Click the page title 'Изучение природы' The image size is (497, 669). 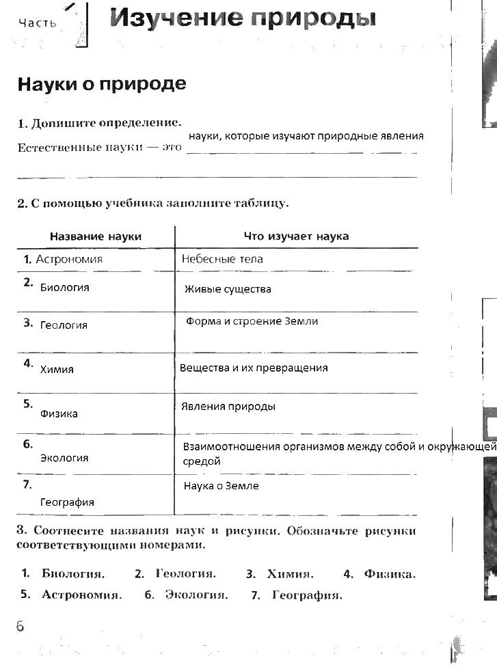pyautogui.click(x=243, y=18)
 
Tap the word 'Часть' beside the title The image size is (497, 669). pyautogui.click(x=38, y=23)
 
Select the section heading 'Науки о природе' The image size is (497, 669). pyautogui.click(x=101, y=84)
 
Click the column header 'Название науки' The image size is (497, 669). pyautogui.click(x=96, y=236)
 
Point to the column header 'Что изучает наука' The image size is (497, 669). pyautogui.click(x=296, y=236)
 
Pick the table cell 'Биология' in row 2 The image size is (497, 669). pyautogui.click(x=64, y=288)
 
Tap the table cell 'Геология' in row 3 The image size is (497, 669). pyautogui.click(x=64, y=325)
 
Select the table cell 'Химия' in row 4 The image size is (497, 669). pyautogui.click(x=57, y=370)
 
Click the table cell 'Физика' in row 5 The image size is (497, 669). pyautogui.click(x=59, y=414)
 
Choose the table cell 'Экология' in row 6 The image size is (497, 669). pyautogui.click(x=64, y=459)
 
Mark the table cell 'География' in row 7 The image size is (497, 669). pyautogui.click(x=67, y=502)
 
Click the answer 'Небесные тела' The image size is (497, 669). pyautogui.click(x=222, y=260)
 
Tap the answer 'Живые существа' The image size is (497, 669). pyautogui.click(x=228, y=289)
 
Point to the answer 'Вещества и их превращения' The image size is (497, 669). pyautogui.click(x=254, y=368)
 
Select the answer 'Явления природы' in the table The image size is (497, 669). pyautogui.click(x=228, y=407)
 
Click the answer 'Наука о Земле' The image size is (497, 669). pyautogui.click(x=221, y=487)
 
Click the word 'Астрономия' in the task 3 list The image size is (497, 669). pyautogui.click(x=81, y=595)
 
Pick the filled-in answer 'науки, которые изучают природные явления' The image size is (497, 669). pyautogui.click(x=306, y=136)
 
